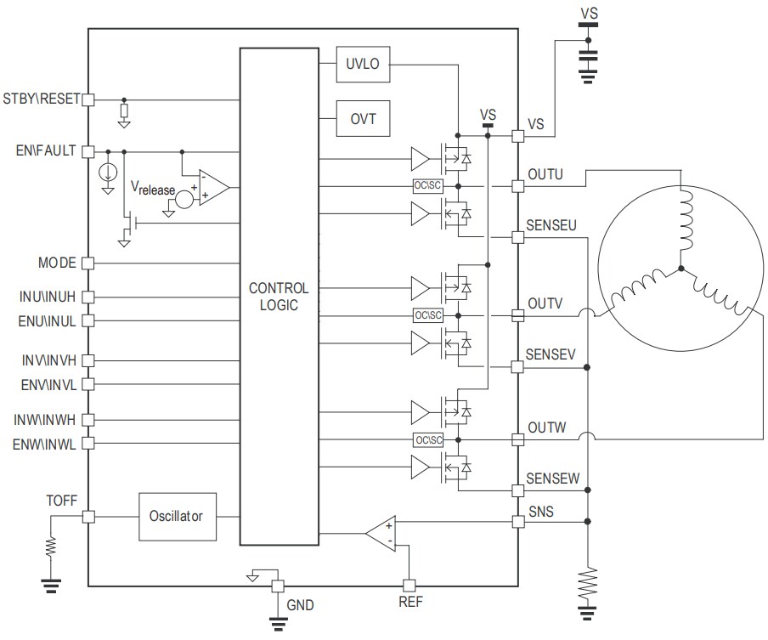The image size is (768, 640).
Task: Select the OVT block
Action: (363, 119)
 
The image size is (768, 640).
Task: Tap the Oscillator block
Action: (177, 516)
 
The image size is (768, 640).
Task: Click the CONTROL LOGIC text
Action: (279, 297)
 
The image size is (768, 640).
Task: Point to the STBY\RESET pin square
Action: (88, 99)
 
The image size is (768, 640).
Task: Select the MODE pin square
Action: (88, 263)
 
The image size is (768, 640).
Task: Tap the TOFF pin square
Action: (88, 516)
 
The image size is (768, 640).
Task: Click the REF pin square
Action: (409, 585)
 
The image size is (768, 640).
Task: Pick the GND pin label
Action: (300, 607)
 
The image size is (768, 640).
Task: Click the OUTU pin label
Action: (545, 174)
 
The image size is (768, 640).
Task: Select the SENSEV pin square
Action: (517, 367)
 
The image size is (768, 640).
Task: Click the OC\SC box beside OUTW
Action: (428, 439)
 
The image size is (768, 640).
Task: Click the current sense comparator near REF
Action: (381, 533)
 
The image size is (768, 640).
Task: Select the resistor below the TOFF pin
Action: (51, 547)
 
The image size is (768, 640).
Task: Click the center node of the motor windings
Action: (680, 271)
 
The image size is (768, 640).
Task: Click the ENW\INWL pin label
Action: (44, 444)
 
